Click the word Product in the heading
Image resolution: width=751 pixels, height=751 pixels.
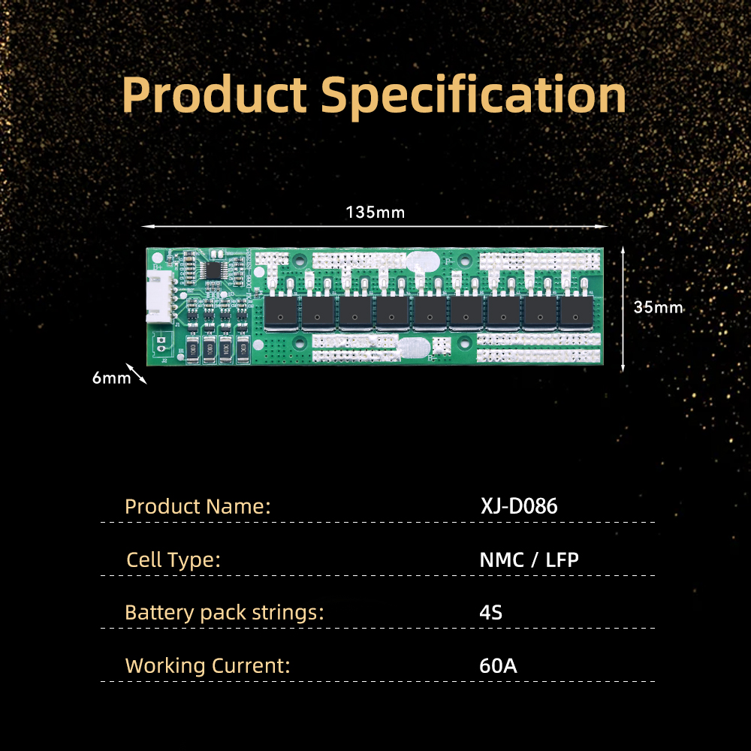tap(214, 95)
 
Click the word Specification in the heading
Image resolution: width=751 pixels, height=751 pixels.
tap(473, 97)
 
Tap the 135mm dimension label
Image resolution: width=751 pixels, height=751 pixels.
tap(375, 213)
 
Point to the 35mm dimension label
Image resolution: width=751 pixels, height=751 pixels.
tap(658, 307)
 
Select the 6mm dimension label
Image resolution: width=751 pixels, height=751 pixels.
tap(111, 378)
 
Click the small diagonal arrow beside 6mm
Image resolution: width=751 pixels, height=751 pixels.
tap(137, 373)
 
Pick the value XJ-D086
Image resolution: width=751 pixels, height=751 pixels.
tap(519, 505)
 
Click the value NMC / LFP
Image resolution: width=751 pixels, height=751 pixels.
tap(529, 559)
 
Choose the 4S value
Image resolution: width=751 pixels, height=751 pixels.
tap(490, 613)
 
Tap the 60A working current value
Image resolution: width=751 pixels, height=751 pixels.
tap(498, 665)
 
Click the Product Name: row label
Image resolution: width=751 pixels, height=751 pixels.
tap(198, 506)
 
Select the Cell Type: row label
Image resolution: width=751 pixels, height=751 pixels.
tap(173, 560)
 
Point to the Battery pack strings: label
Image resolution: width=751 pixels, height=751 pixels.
tap(224, 613)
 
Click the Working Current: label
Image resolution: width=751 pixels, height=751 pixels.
tap(207, 665)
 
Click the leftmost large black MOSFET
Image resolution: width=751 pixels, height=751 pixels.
tap(281, 312)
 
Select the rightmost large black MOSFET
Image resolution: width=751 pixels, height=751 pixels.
tap(576, 312)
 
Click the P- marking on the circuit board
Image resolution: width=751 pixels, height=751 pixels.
tap(448, 261)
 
